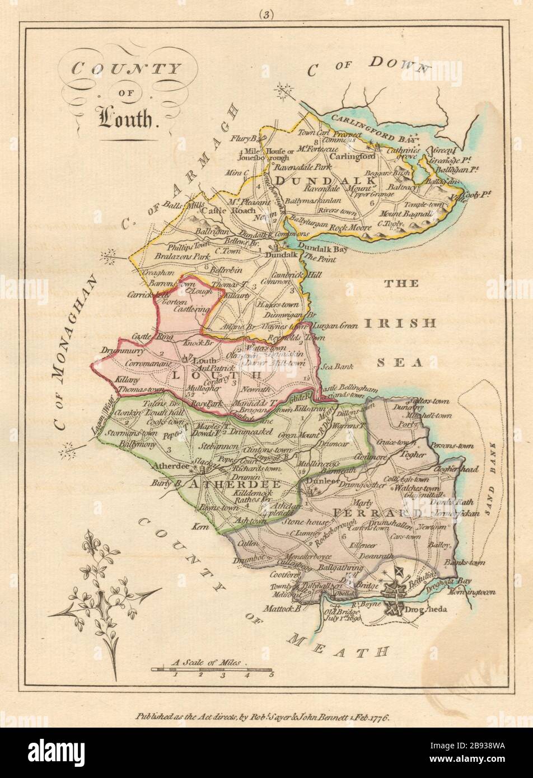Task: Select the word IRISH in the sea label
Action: pyautogui.click(x=400, y=324)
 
